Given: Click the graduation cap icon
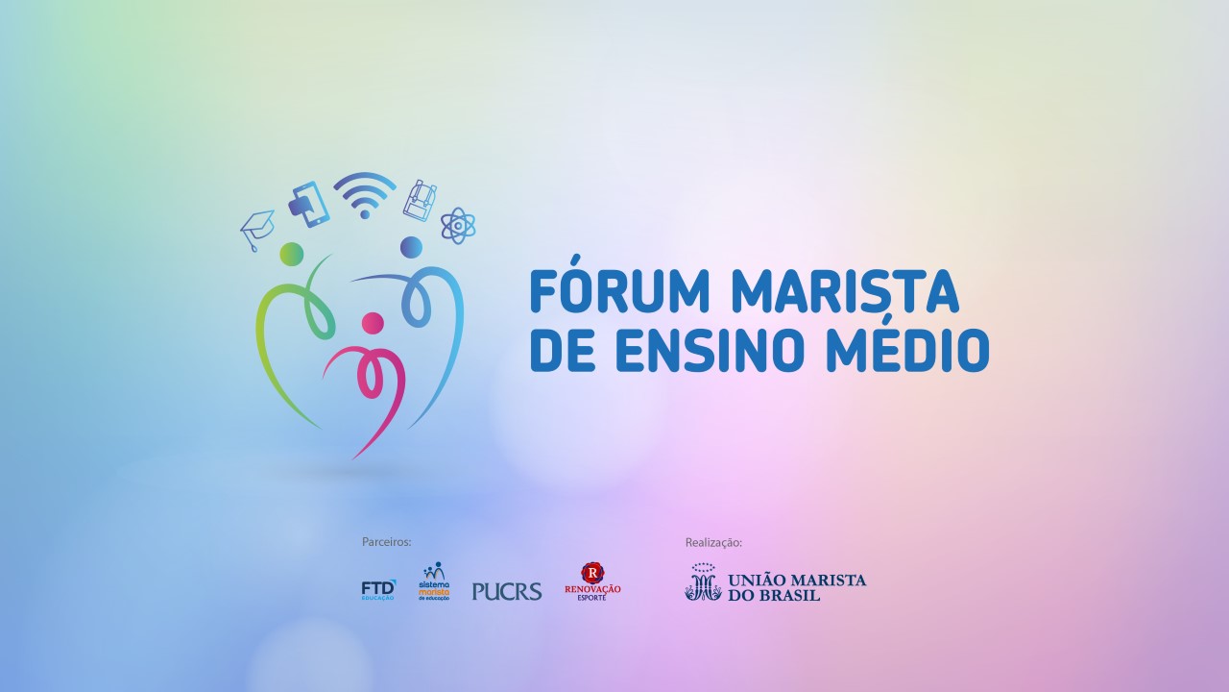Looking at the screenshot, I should [x=256, y=229].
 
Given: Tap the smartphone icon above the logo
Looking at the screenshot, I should [x=308, y=203].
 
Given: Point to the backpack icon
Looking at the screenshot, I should [x=420, y=199].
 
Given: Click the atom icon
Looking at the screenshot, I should [x=458, y=226].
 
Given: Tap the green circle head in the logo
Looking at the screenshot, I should [x=292, y=254].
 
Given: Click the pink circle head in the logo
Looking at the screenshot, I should [x=373, y=322].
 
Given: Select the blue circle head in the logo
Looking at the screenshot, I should [x=411, y=247].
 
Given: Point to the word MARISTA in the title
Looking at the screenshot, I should [x=845, y=291].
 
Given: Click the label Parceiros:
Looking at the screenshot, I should [x=386, y=542].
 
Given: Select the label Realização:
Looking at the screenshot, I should [x=713, y=542].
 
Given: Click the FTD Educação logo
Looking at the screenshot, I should [x=378, y=589].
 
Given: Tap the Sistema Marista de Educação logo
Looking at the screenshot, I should [x=434, y=582].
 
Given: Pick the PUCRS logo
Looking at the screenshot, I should [x=507, y=591].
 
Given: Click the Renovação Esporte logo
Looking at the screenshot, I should [x=592, y=582].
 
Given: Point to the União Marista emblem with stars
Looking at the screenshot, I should [x=703, y=582].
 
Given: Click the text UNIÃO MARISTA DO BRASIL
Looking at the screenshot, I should [x=797, y=587].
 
